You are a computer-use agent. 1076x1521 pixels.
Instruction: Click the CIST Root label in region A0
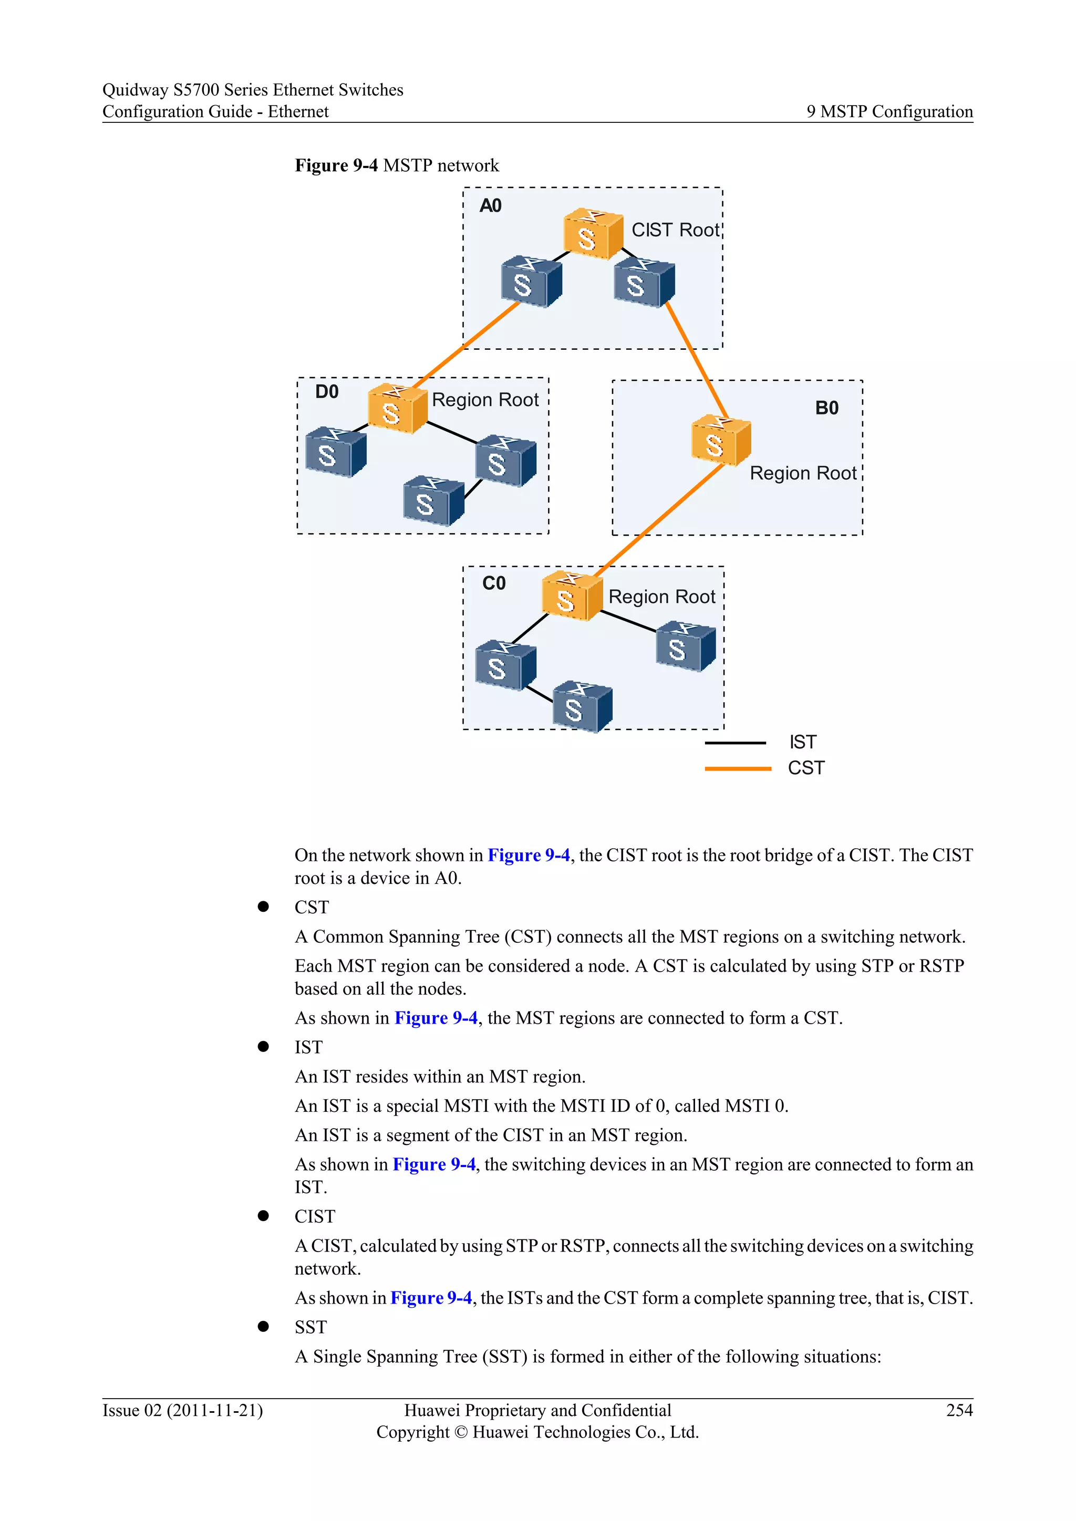(x=675, y=230)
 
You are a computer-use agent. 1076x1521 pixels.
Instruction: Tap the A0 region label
(x=490, y=206)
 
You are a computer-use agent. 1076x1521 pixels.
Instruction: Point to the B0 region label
(x=826, y=408)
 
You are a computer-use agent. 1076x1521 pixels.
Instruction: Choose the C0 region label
(x=494, y=583)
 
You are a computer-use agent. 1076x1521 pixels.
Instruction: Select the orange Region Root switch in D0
(x=396, y=408)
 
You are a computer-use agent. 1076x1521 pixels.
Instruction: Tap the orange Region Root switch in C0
(x=571, y=596)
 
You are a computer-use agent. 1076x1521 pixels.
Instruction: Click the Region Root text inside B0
(x=802, y=473)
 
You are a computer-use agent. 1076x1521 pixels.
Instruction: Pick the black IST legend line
(x=735, y=743)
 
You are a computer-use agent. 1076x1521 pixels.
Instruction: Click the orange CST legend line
(x=738, y=768)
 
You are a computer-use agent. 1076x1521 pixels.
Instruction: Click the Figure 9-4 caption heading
(x=396, y=165)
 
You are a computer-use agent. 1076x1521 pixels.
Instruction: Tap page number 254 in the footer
(x=959, y=1410)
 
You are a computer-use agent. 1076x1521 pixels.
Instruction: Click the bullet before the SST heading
(x=263, y=1326)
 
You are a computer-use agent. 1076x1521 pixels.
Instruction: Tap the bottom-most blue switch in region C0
(x=582, y=707)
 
